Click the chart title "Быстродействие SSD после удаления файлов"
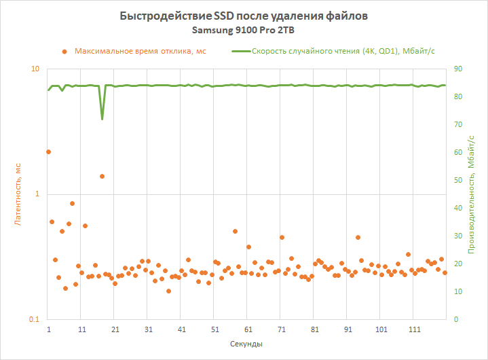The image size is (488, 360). (244, 16)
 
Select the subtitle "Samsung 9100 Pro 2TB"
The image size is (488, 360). (244, 31)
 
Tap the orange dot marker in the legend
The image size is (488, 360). (64, 51)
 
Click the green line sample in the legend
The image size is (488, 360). (240, 51)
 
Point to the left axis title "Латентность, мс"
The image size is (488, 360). (18, 194)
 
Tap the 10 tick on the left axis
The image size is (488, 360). (35, 69)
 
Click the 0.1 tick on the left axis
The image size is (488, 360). (34, 320)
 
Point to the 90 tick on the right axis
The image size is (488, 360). (458, 69)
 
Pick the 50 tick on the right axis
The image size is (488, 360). (458, 181)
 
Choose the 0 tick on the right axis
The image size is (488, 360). (456, 320)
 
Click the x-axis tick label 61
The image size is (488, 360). (248, 329)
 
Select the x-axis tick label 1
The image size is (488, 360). (49, 329)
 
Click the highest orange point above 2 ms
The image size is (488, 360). (48, 152)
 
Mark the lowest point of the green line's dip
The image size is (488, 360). (102, 119)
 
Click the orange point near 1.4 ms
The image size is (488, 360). (102, 176)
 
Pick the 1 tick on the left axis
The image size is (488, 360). (37, 194)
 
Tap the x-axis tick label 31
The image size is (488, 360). (149, 329)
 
